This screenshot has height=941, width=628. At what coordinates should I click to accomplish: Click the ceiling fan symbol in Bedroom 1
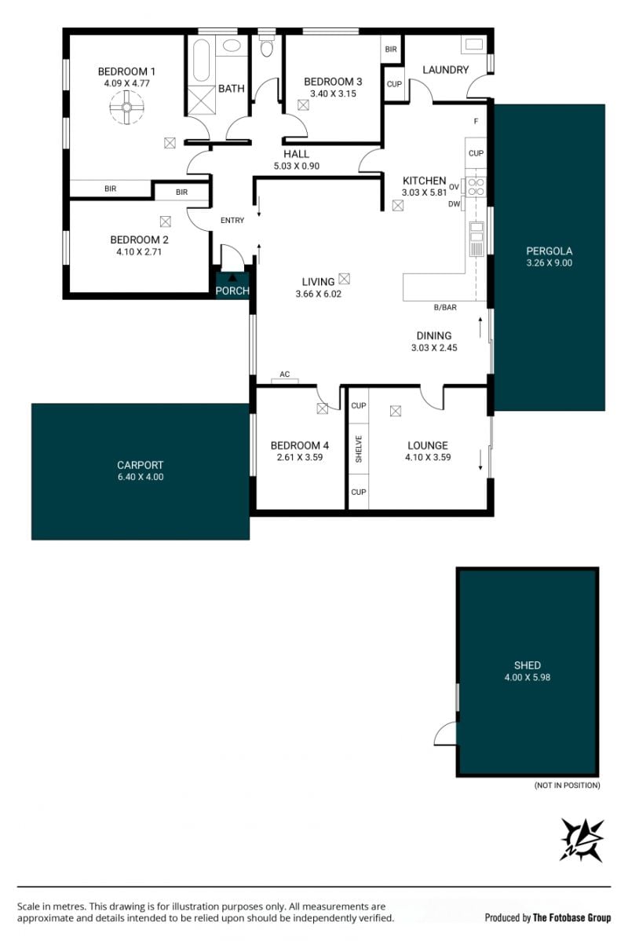click(x=127, y=108)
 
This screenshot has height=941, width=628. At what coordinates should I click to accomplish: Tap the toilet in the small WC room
click(x=267, y=46)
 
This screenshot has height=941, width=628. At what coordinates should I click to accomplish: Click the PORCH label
click(x=232, y=291)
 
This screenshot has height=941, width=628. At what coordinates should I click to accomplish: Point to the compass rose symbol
click(x=582, y=840)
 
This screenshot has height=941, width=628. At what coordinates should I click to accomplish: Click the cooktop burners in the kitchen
click(x=476, y=186)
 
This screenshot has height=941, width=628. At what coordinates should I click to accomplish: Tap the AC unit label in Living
click(x=285, y=375)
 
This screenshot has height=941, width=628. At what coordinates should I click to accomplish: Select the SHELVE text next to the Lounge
click(x=359, y=449)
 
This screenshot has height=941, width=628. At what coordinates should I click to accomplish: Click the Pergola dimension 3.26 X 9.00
click(x=549, y=263)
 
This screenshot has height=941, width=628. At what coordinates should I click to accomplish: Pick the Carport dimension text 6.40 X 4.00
click(x=141, y=477)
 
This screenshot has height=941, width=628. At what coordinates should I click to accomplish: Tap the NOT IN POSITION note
click(x=567, y=785)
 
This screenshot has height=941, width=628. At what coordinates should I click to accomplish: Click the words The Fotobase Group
click(x=571, y=917)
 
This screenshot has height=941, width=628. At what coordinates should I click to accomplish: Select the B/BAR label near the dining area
click(x=445, y=307)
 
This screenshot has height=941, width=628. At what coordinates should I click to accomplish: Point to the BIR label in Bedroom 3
click(x=391, y=49)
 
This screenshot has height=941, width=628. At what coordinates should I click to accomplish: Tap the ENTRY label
click(x=232, y=220)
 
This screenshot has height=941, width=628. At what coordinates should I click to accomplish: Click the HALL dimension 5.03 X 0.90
click(x=296, y=167)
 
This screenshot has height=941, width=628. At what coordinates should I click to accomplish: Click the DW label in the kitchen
click(x=454, y=204)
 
